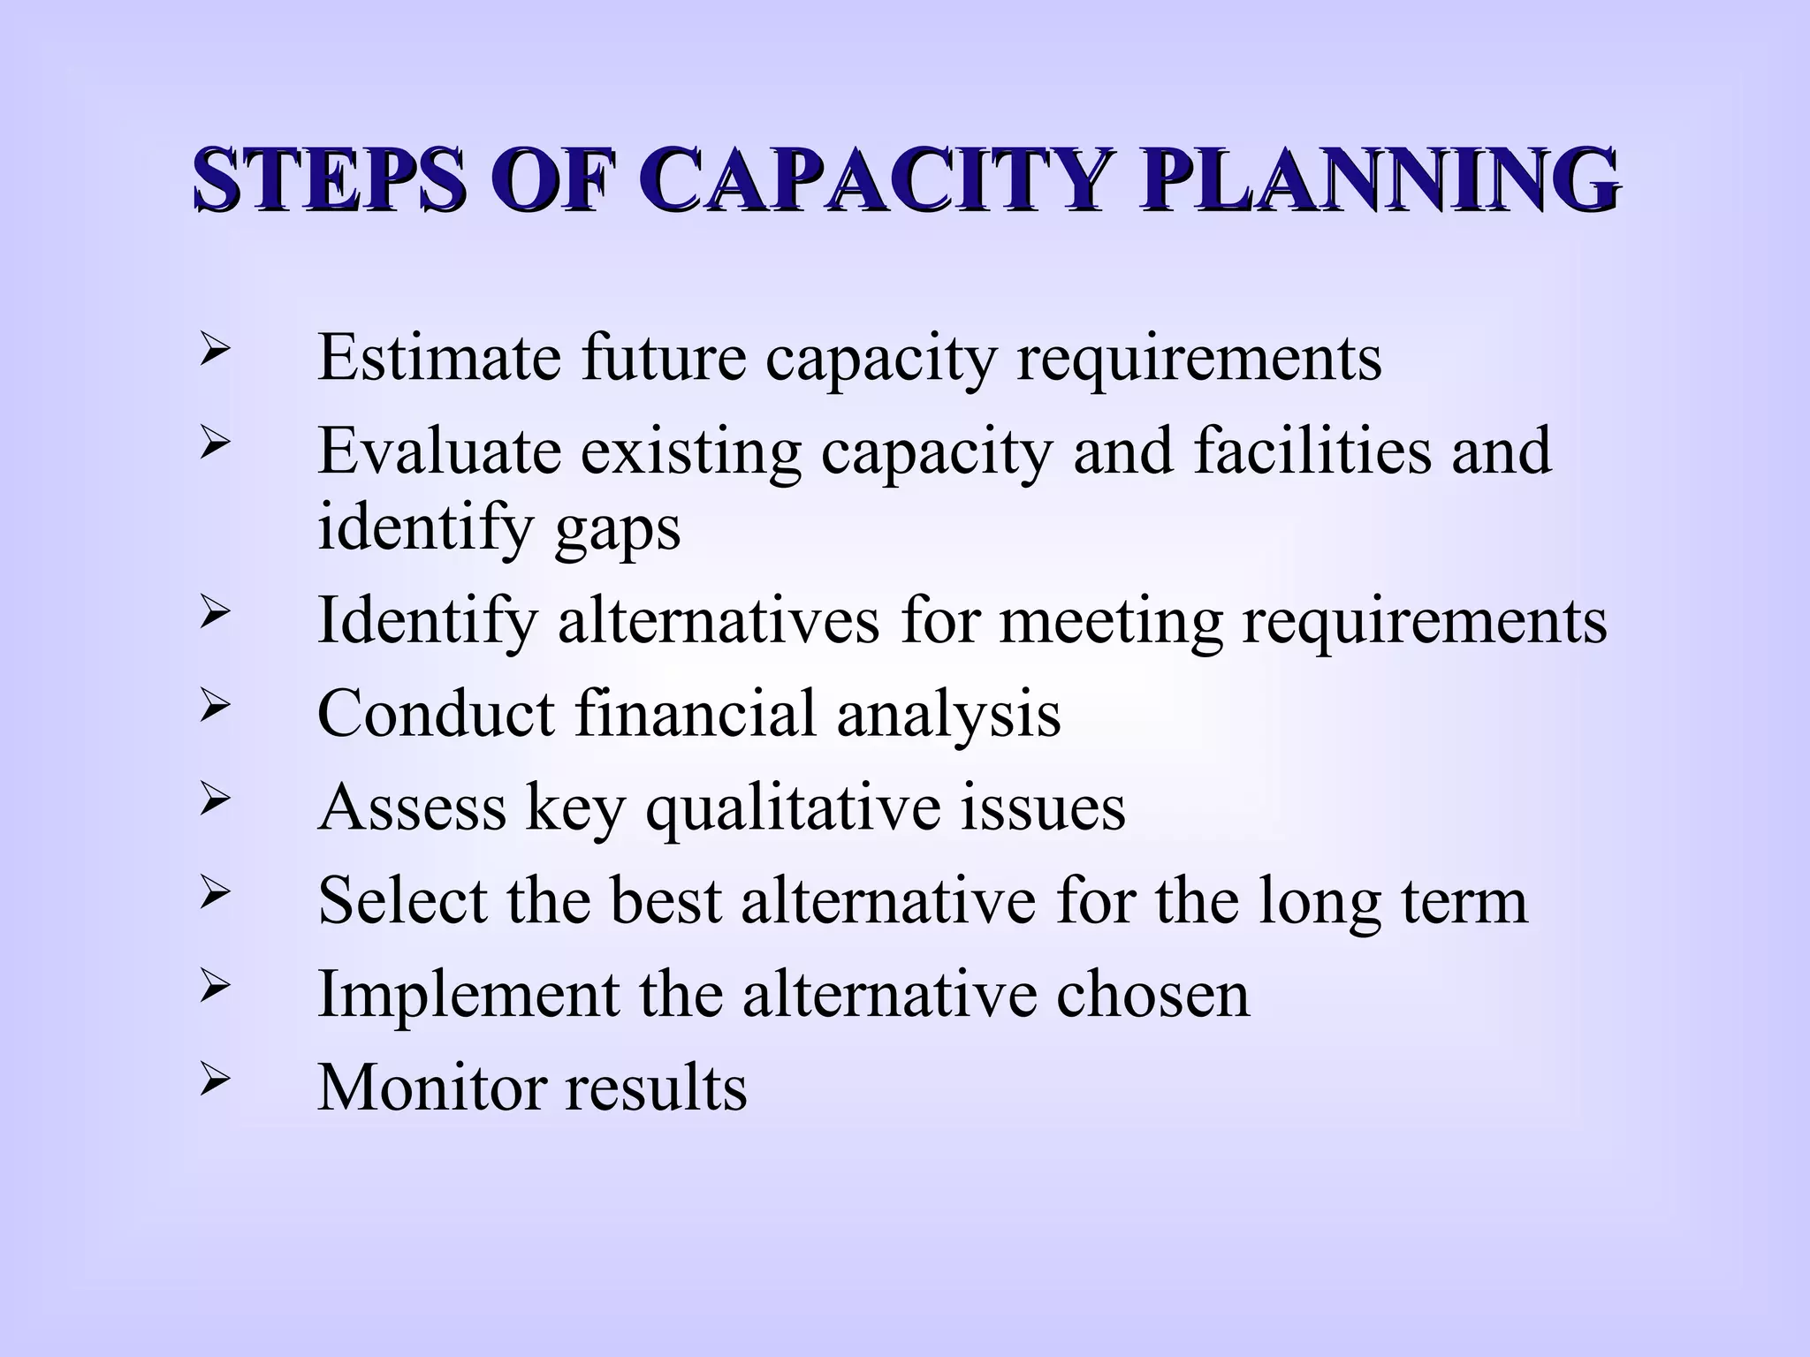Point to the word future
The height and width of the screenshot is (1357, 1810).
(x=663, y=358)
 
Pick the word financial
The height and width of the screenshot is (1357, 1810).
(x=695, y=713)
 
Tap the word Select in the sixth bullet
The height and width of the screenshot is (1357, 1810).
(x=403, y=901)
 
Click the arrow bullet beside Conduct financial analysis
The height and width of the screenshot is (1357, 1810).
(x=215, y=706)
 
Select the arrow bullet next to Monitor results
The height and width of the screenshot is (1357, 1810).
(x=215, y=1080)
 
